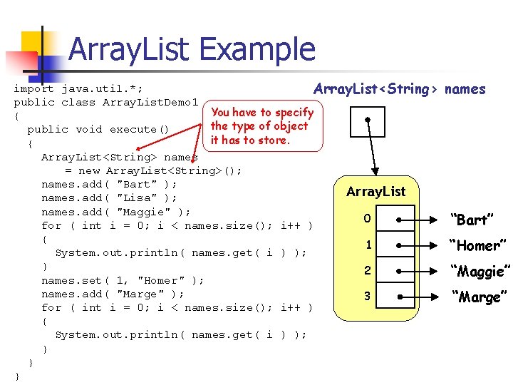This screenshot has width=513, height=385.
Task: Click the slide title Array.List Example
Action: point(192,50)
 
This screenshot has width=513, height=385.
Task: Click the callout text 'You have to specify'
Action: point(262,112)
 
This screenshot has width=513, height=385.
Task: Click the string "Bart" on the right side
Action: point(472,220)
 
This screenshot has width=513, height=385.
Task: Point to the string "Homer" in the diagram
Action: point(477,245)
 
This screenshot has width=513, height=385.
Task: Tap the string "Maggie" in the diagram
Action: point(480,271)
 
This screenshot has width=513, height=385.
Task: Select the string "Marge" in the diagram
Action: point(477,297)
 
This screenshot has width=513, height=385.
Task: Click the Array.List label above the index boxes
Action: point(375,191)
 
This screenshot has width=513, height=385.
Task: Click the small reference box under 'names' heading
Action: point(368,121)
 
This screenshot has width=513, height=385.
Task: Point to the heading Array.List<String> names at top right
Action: point(399,89)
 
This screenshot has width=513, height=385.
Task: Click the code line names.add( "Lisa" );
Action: point(109,197)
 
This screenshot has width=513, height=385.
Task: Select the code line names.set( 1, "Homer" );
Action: point(123,280)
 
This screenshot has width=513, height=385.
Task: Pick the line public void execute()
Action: point(98,129)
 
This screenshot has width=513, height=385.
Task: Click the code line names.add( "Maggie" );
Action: point(115,212)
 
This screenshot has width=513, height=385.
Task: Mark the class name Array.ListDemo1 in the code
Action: point(150,102)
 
